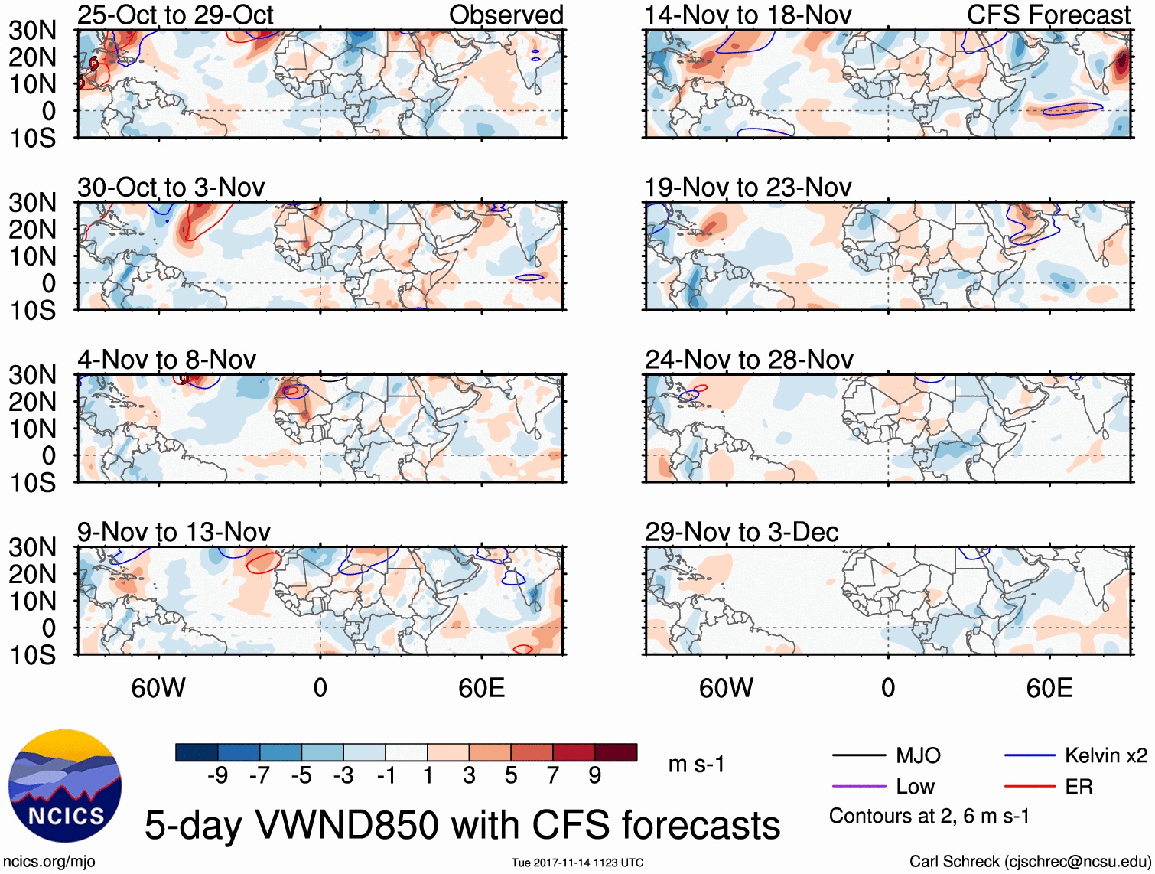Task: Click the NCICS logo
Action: point(64,786)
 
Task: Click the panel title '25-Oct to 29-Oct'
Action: point(175,15)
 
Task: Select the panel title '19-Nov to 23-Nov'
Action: point(747,188)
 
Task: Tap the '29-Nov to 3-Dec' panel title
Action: point(741,532)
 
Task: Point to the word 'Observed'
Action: point(506,15)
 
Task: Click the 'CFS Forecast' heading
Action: point(1048,15)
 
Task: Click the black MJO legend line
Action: point(858,756)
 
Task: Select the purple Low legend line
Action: point(858,787)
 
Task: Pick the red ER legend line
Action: point(1030,787)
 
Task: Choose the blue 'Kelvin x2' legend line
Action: point(1030,756)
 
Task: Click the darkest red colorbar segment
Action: point(616,752)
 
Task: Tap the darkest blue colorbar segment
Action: point(196,752)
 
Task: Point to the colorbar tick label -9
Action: point(217,776)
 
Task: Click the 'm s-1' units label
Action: point(696,764)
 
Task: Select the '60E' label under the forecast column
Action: point(1049,688)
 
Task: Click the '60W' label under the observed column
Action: point(158,688)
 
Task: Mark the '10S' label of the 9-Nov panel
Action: point(32,655)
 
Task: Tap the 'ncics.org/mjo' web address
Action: point(49,862)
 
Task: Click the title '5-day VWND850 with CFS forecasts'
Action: point(462,825)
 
